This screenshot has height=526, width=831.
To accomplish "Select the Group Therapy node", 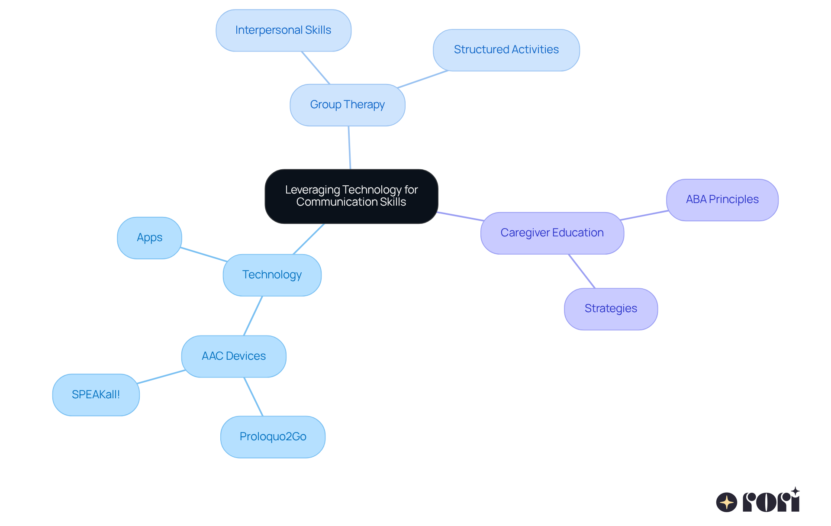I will coord(347,105).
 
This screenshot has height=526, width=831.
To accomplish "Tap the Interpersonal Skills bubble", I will coord(283,30).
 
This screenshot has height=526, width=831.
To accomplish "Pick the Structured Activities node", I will coord(506,50).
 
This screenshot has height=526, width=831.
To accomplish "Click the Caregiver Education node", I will coord(552,233).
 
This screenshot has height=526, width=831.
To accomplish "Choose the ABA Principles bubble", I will coord(722,200).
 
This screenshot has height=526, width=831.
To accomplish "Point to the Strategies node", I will coord(611,309).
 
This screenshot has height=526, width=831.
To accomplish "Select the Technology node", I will coord(272,275).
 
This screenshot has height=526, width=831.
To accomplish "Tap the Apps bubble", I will coord(149,238).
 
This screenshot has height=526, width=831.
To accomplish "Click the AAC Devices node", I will coord(234,356).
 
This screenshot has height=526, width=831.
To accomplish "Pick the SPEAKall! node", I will coord(96,395).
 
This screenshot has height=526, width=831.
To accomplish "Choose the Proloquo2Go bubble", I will coord(273,437).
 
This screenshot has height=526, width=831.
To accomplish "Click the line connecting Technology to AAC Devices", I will coord(253,316).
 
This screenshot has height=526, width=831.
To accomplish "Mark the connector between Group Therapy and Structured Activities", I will coord(423,79).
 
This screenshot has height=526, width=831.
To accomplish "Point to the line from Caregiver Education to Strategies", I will coord(582,271).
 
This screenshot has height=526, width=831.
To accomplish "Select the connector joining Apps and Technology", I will coord(203,255).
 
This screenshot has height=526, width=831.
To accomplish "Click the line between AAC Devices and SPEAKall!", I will coord(161,377).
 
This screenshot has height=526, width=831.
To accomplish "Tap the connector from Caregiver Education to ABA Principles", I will coord(644,216).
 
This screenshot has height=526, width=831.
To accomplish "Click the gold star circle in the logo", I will coord(726,502).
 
